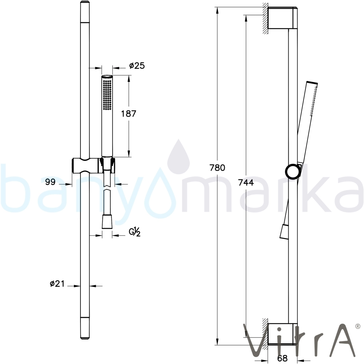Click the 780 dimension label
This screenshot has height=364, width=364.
[x=217, y=167]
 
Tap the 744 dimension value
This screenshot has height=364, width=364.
[x=246, y=183]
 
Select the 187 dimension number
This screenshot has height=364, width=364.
[x=129, y=114]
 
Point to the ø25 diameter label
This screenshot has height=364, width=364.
[x=137, y=66]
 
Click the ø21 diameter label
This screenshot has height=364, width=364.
[x=57, y=284]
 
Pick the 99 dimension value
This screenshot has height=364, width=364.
[x=50, y=182]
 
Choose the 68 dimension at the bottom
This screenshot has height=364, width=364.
[x=282, y=358]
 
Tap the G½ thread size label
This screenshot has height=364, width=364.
[x=135, y=232]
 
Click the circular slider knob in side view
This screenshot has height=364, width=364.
[x=292, y=172]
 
